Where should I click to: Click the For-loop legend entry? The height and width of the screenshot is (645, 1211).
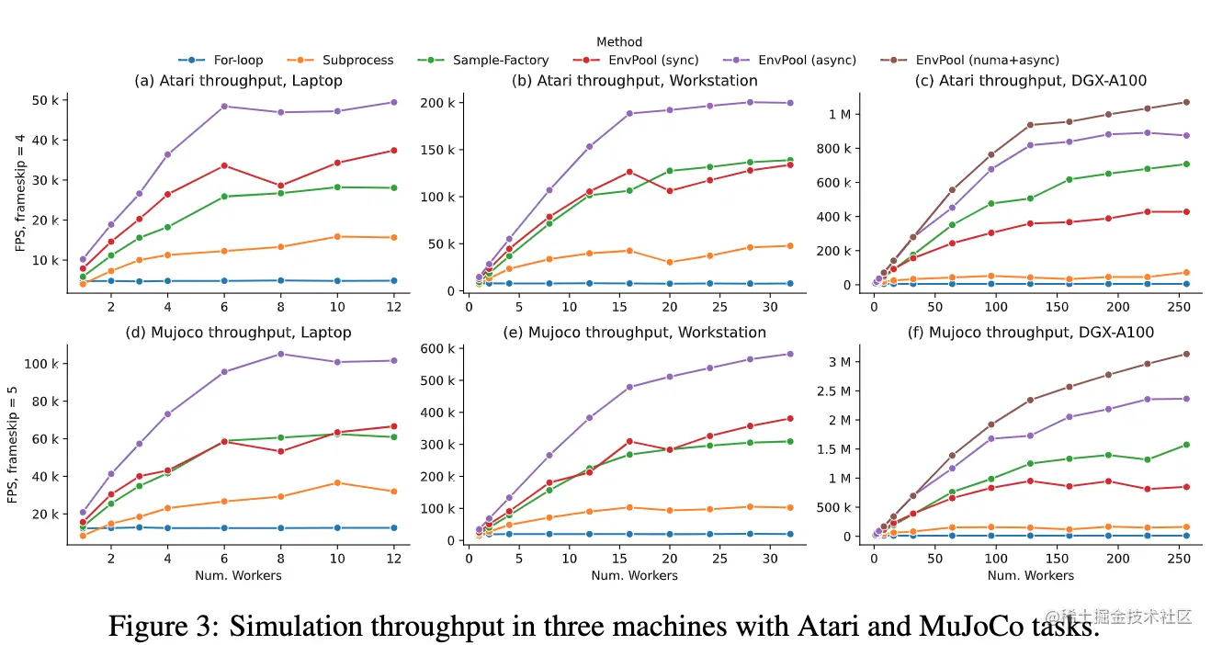221,61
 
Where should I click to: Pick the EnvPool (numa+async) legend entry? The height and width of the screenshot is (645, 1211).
974,61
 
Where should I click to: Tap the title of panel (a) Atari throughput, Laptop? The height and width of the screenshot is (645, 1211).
238,81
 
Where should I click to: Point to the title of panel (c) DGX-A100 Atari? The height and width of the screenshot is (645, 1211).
1030,81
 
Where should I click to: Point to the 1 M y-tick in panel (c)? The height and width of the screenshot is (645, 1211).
840,114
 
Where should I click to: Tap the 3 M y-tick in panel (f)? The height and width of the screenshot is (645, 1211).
840,362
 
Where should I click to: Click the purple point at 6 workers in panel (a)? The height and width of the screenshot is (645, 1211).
224,107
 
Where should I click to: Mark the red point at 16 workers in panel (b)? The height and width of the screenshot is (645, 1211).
630,172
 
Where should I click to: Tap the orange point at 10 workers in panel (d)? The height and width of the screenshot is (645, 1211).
337,482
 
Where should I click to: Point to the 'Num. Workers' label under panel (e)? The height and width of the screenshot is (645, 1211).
635,576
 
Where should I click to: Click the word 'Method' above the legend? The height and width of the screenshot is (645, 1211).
619,42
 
